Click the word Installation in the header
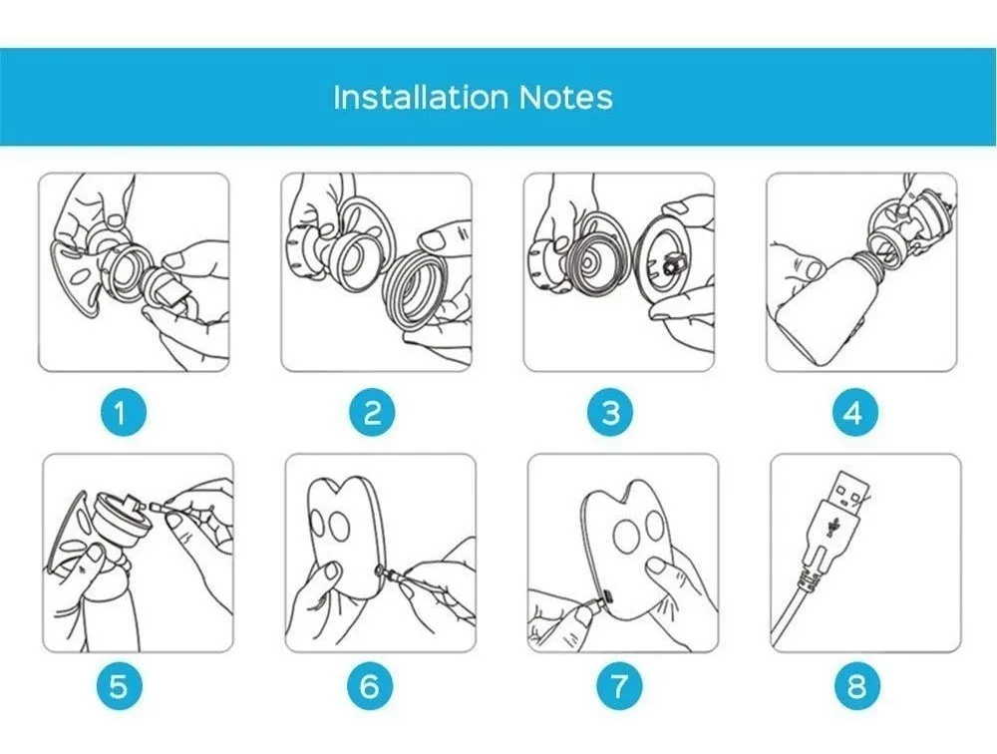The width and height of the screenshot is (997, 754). click(x=421, y=98)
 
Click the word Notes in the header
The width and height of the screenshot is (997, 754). click(x=566, y=98)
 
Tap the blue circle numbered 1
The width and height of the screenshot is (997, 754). click(x=123, y=413)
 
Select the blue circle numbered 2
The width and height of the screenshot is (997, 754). click(x=372, y=413)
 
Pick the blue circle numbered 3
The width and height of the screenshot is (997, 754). click(x=610, y=413)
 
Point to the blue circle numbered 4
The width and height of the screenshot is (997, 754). click(x=855, y=413)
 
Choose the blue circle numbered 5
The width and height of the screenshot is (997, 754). click(x=119, y=687)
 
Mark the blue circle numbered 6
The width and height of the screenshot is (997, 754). click(x=370, y=687)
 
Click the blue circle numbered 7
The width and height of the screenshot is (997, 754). click(x=619, y=687)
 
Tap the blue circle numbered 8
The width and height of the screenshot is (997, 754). click(x=857, y=687)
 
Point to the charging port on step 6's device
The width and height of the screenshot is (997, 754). click(x=380, y=568)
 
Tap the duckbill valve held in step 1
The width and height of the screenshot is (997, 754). click(x=166, y=285)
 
